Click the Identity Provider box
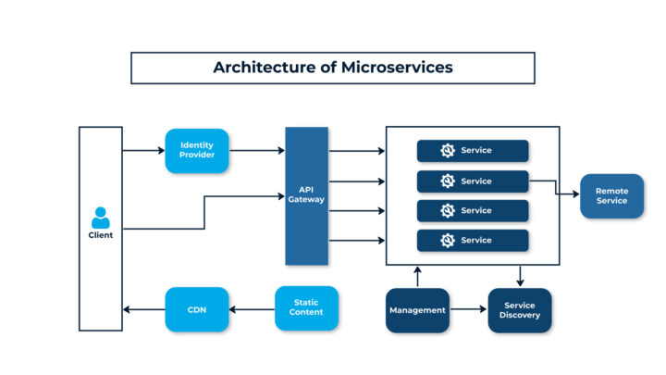point(197,150)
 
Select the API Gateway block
point(306,194)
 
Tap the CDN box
point(197,309)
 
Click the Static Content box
point(306,308)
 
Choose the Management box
point(417,310)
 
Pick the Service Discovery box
point(519,310)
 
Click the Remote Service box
point(611,195)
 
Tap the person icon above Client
point(101,218)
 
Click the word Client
point(101,235)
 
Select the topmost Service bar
point(472,151)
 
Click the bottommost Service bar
point(472,241)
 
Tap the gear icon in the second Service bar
point(449,181)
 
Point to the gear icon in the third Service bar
point(449,211)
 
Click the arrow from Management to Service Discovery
point(468,310)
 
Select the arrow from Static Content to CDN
point(252,309)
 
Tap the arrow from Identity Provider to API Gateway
point(256,150)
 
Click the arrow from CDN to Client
point(144,309)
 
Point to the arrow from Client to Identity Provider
point(143,150)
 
